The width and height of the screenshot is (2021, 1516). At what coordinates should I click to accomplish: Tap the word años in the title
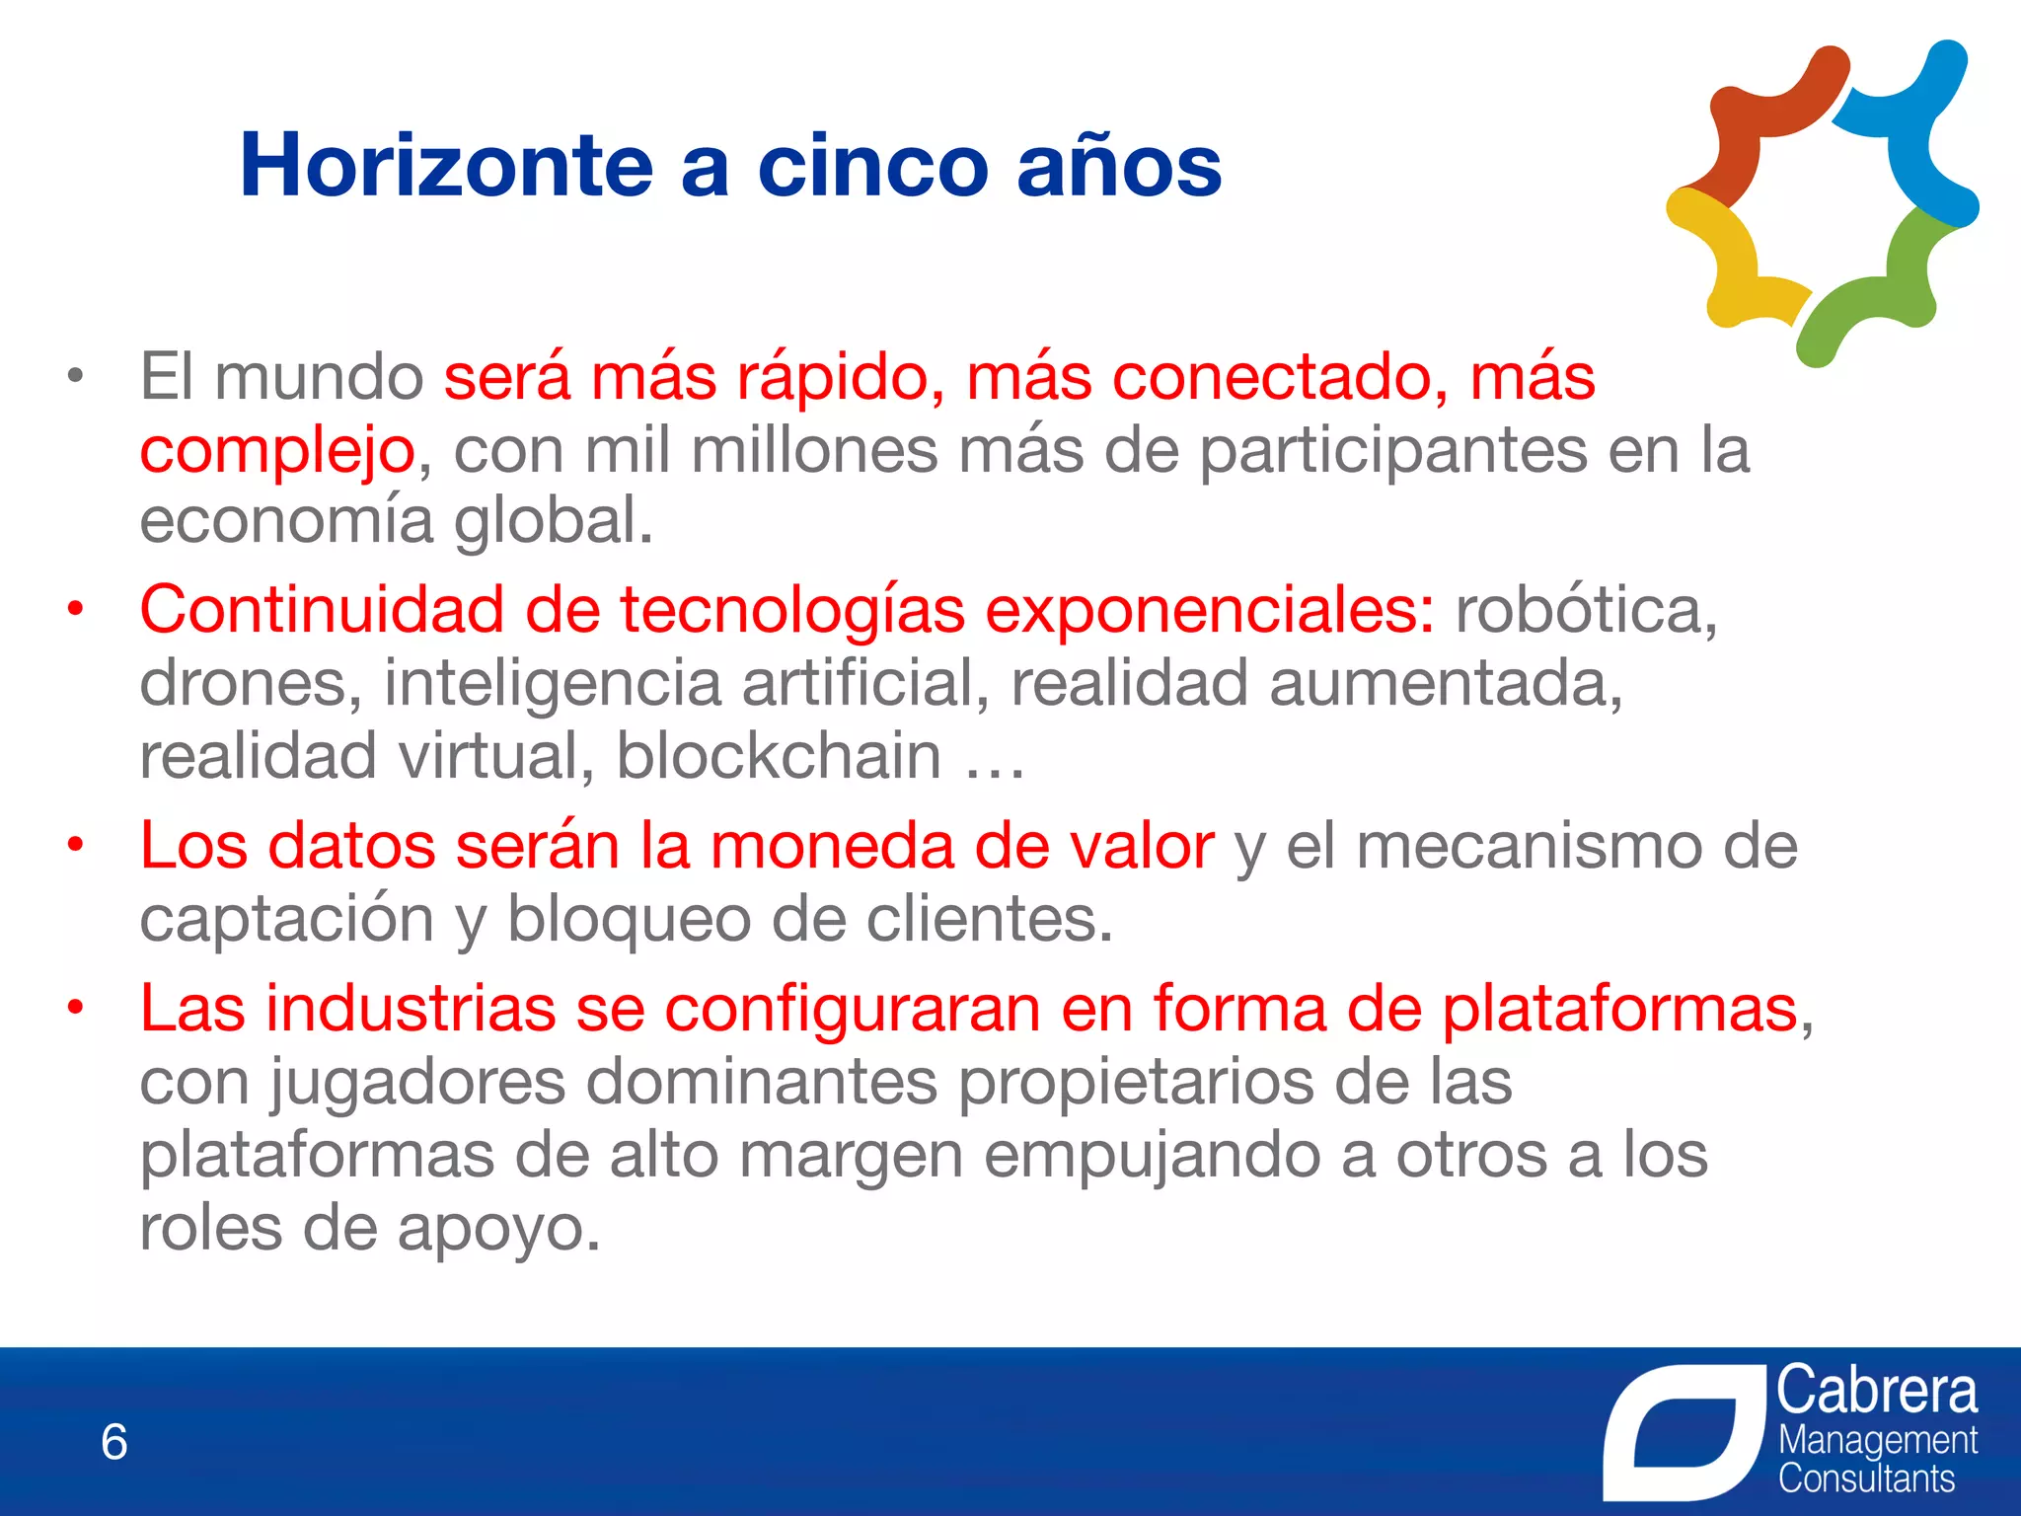tap(1119, 165)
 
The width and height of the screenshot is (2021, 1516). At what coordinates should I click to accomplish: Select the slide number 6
tap(114, 1442)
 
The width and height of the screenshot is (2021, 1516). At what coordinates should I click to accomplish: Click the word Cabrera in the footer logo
tap(1877, 1391)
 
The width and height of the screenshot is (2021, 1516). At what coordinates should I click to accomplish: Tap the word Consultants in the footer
tap(1866, 1478)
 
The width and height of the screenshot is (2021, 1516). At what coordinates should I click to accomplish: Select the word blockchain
tap(779, 756)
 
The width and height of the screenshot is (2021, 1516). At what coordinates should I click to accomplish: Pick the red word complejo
tap(277, 451)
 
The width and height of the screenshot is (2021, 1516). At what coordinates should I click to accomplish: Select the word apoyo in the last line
tap(497, 1229)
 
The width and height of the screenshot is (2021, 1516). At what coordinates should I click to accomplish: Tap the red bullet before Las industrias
tap(75, 1008)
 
